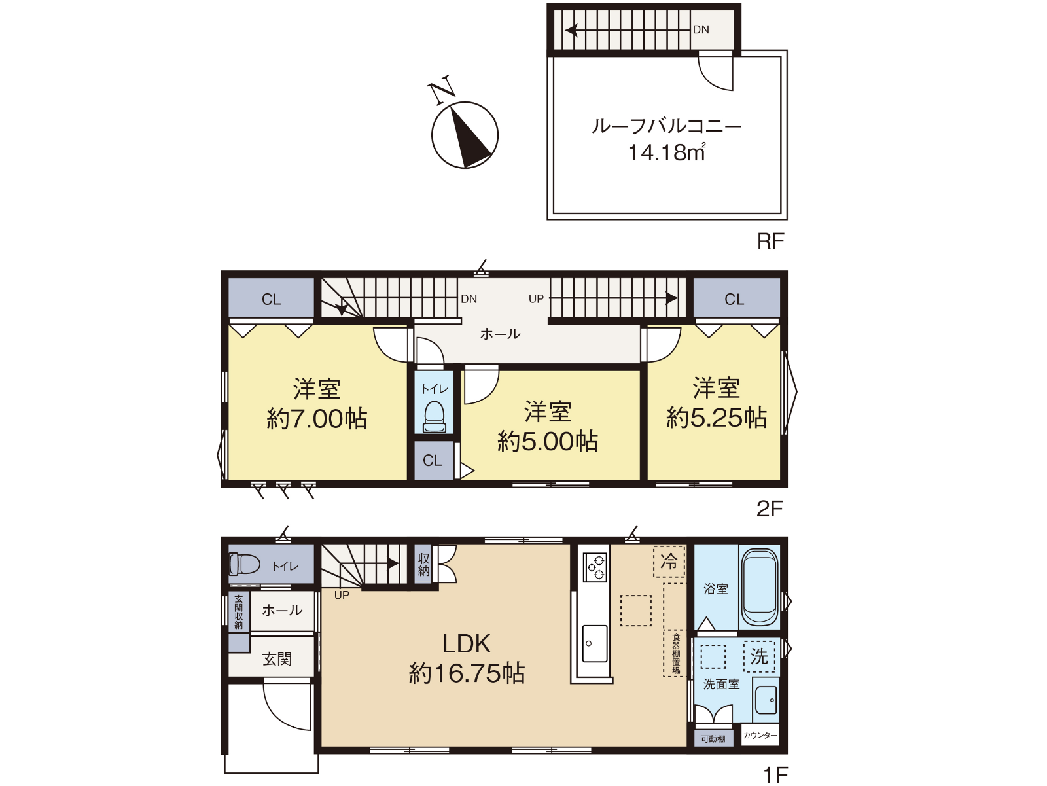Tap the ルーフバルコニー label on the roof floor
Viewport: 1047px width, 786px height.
[666, 126]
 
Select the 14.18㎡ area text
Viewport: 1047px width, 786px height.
[666, 152]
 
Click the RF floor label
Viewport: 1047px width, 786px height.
[770, 241]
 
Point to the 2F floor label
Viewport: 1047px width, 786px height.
[770, 509]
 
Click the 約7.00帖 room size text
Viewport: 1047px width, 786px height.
[317, 420]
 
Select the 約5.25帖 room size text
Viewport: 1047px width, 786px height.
[716, 418]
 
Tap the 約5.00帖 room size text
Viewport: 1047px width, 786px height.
[548, 442]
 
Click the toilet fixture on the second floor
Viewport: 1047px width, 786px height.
[434, 416]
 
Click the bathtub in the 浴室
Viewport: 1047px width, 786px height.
[759, 588]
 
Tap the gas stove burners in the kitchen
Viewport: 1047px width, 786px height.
[594, 567]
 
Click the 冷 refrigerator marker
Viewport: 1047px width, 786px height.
[669, 562]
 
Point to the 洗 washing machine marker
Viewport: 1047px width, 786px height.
[759, 657]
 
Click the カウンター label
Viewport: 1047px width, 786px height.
[760, 736]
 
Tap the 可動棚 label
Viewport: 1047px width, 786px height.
[713, 739]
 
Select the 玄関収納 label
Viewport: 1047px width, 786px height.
[238, 613]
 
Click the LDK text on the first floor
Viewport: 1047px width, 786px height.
[467, 644]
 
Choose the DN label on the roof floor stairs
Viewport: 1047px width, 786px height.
[701, 29]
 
